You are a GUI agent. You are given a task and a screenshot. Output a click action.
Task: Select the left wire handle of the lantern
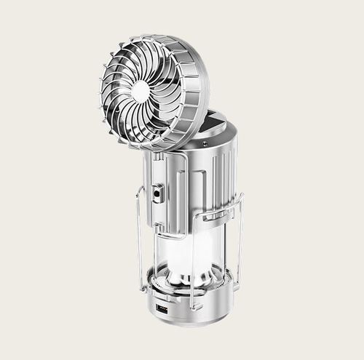pyautogui.click(x=139, y=218)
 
